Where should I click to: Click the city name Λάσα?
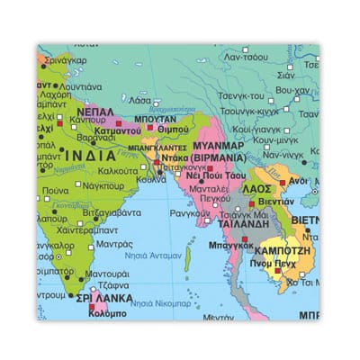(x=140, y=101)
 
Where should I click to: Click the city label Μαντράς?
(x=113, y=244)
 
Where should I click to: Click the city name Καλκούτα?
(x=117, y=170)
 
